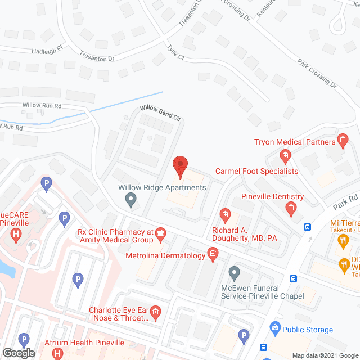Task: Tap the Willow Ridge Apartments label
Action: [162, 187]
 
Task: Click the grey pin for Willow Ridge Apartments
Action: [131, 199]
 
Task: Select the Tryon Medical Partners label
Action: [294, 142]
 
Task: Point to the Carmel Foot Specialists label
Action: [256, 171]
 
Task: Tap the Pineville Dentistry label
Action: [272, 197]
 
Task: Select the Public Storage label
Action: [308, 330]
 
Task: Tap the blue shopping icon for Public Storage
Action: [275, 327]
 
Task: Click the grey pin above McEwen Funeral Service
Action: [235, 274]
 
